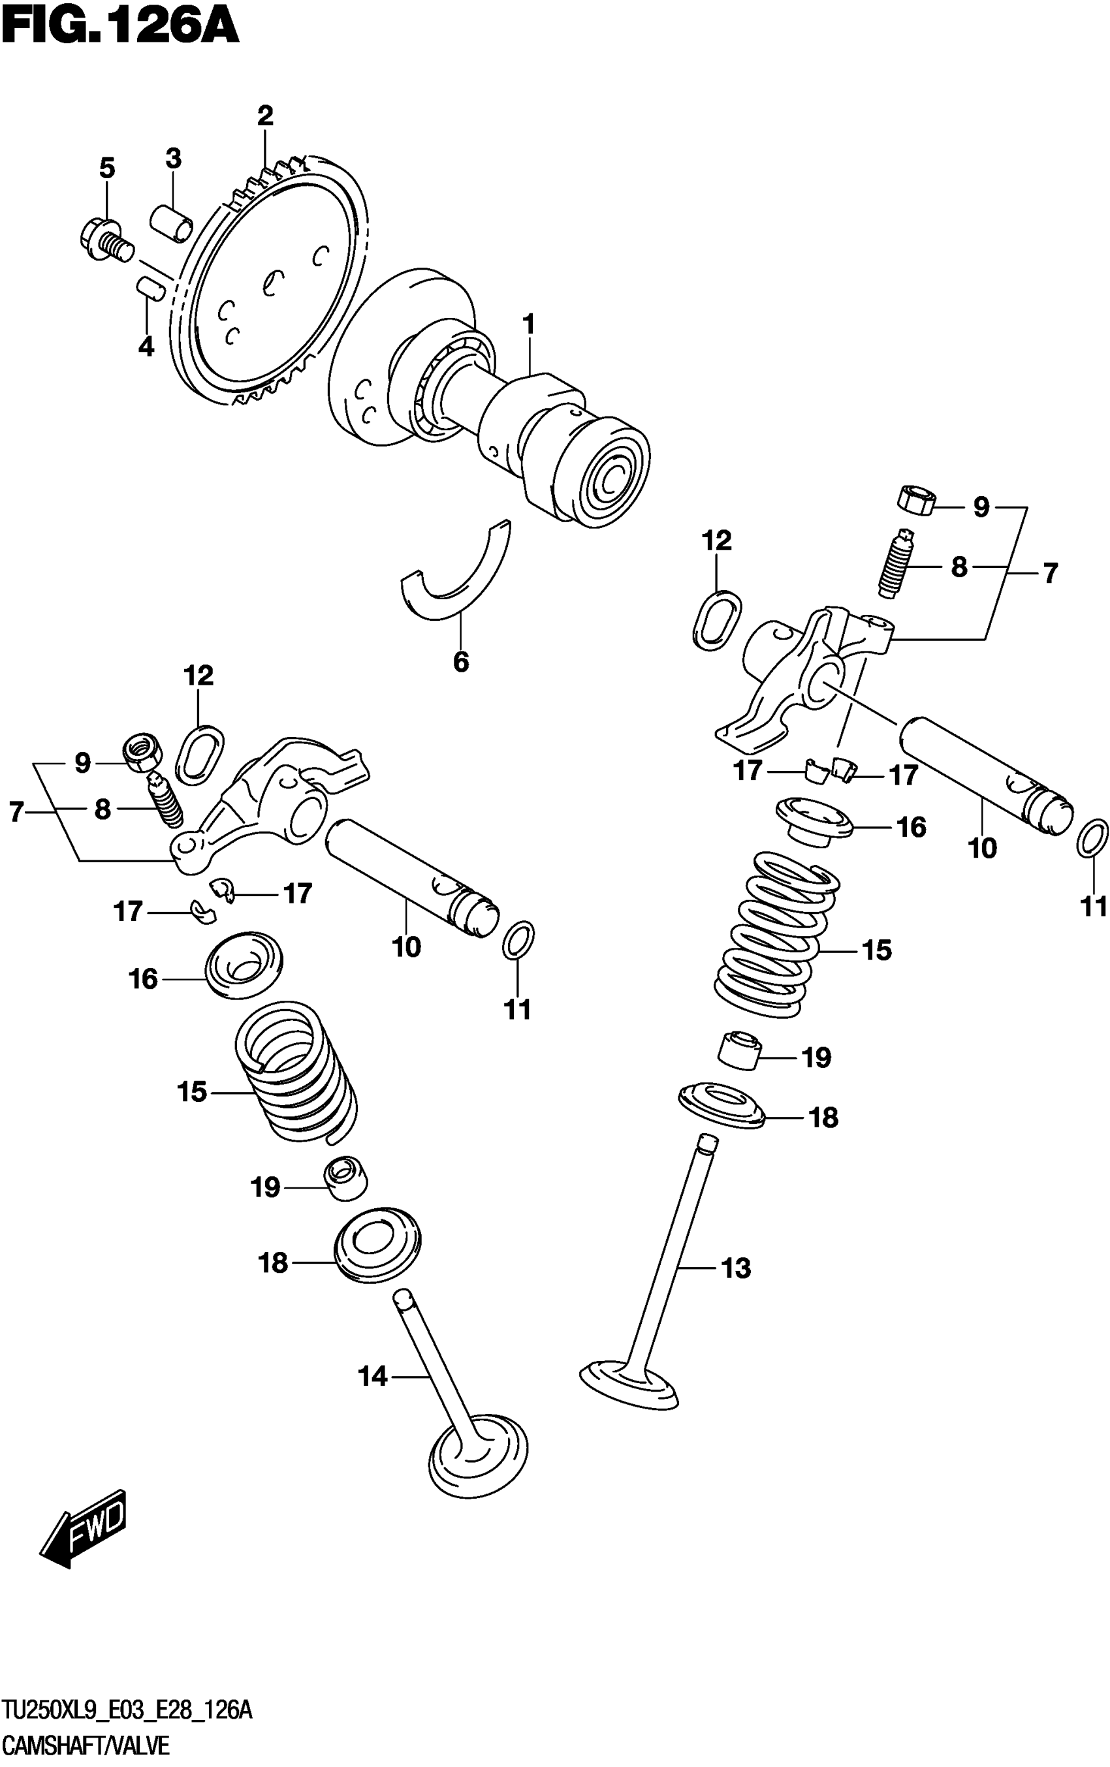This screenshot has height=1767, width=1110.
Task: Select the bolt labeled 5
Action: [x=105, y=238]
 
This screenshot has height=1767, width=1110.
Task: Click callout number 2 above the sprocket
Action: [x=265, y=116]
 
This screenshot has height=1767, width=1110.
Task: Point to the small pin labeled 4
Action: [x=151, y=287]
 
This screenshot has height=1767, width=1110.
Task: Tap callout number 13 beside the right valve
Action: [x=737, y=1268]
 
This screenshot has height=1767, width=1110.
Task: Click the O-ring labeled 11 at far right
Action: [x=1092, y=838]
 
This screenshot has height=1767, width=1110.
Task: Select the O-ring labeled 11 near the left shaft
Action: [x=519, y=940]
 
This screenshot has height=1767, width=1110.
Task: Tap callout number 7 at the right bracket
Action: [x=1051, y=573]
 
